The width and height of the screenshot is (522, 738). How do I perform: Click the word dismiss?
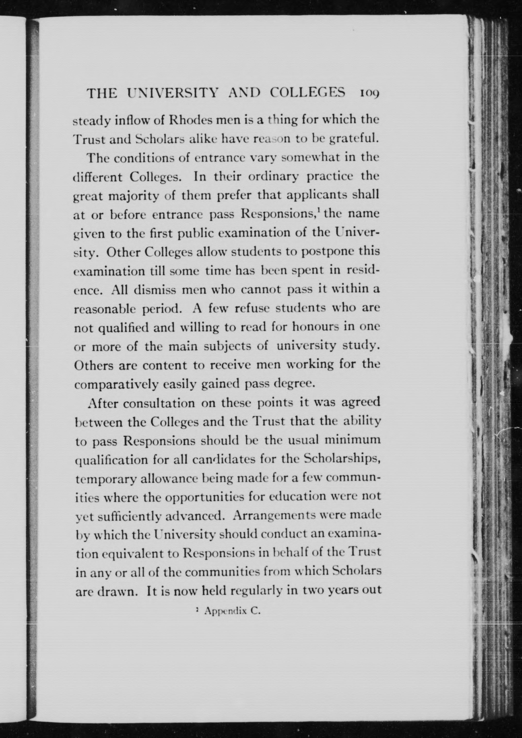(x=155, y=289)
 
